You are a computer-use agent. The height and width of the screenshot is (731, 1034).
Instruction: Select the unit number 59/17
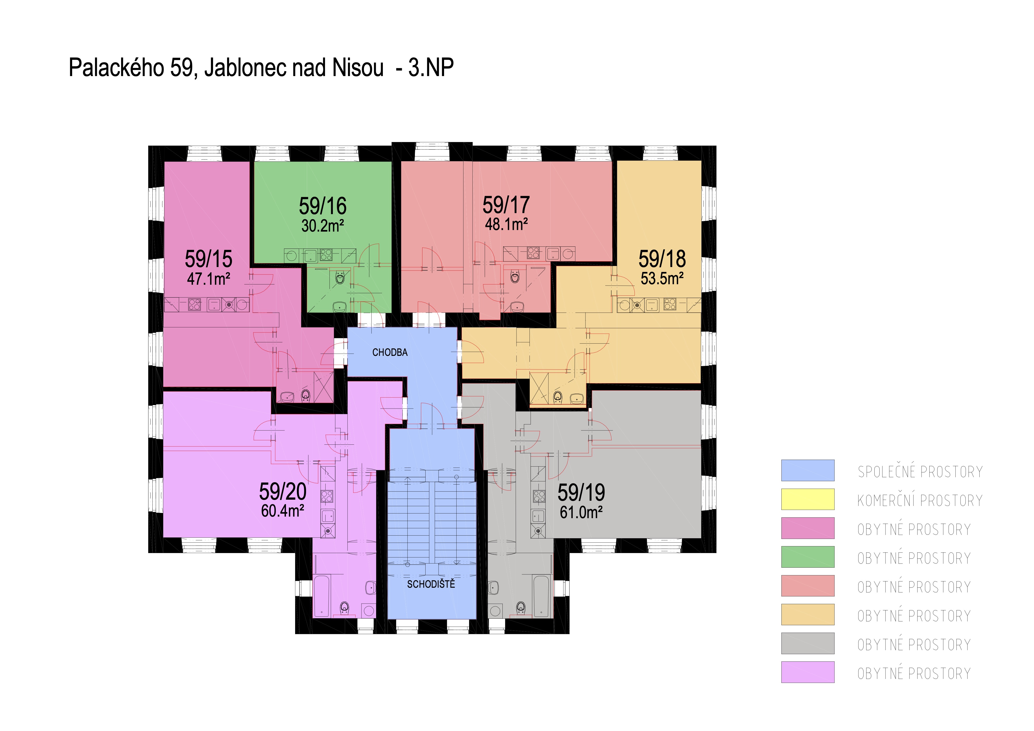pyautogui.click(x=506, y=205)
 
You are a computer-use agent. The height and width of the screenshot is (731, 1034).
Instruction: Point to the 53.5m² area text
pyautogui.click(x=662, y=278)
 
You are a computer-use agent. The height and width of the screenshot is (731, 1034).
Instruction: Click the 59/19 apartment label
pyautogui.click(x=581, y=492)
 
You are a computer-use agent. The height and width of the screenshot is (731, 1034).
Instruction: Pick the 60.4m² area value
pyautogui.click(x=283, y=511)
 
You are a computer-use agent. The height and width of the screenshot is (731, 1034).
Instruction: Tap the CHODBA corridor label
pyautogui.click(x=390, y=352)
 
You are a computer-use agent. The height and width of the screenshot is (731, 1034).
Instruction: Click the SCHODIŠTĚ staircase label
pyautogui.click(x=431, y=584)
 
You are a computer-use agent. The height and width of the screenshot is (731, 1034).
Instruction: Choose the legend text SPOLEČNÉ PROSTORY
pyautogui.click(x=920, y=471)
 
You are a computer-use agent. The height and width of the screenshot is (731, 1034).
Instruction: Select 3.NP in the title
pyautogui.click(x=431, y=68)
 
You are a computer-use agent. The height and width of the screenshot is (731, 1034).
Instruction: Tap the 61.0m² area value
pyautogui.click(x=581, y=512)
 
